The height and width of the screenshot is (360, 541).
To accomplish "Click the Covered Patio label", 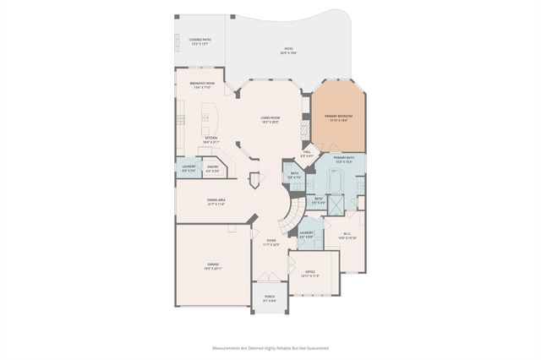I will (x=200, y=41).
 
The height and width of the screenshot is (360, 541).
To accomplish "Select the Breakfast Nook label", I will (x=202, y=85).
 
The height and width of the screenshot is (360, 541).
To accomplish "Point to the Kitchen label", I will (x=210, y=139).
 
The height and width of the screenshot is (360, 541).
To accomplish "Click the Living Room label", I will (x=270, y=121).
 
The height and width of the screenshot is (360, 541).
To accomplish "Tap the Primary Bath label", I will (x=343, y=160).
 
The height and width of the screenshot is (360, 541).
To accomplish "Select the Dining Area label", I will (x=215, y=202).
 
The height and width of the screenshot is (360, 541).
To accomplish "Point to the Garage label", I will (x=213, y=266).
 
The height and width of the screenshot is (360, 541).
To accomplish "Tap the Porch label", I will (x=270, y=297).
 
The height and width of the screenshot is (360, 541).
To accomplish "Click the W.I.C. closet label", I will (x=347, y=237).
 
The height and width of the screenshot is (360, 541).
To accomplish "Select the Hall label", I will (x=308, y=155).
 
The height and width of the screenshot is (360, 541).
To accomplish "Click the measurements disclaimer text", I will (x=270, y=347).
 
